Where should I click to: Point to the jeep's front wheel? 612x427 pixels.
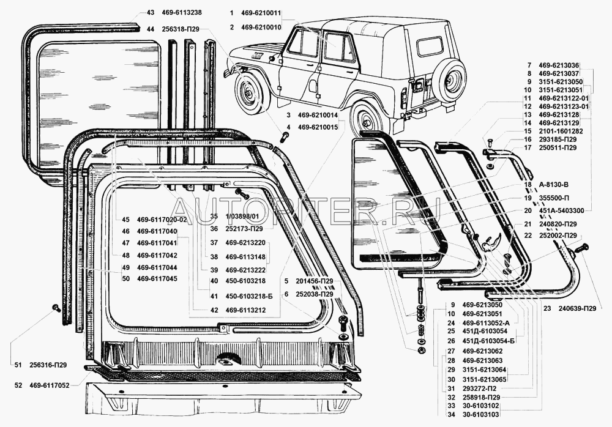click(x=252, y=98)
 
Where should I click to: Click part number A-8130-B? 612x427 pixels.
click(x=555, y=184)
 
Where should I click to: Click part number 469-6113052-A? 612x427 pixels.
click(x=486, y=322)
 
